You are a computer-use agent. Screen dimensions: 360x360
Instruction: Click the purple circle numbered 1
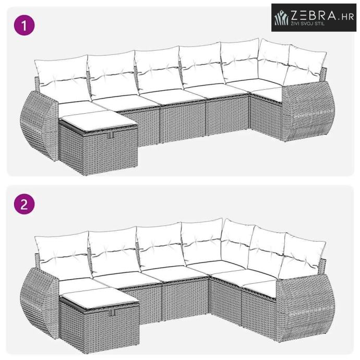[25, 25]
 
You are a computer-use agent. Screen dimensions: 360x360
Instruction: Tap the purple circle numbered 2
[25, 204]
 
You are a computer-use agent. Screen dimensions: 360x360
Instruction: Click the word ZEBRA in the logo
[314, 16]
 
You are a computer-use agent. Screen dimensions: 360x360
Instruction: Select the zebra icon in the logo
[281, 17]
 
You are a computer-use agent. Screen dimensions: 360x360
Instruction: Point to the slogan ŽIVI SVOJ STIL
[308, 23]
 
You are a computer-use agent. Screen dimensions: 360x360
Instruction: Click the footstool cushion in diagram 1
[98, 120]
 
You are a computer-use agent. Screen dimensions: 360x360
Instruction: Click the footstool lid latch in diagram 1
[112, 135]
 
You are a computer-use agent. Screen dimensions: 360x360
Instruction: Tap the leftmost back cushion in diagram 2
[63, 255]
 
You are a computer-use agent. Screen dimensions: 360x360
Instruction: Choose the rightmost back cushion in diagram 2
[302, 254]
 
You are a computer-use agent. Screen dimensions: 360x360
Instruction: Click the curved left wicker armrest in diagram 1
[39, 125]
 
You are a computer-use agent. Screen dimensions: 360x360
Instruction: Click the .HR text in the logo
[346, 17]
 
